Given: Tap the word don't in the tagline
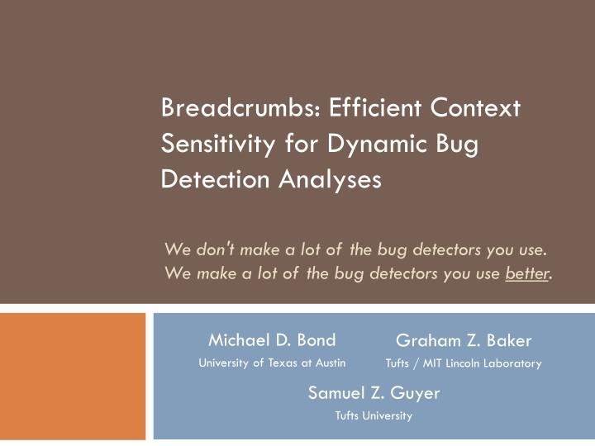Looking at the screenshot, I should pos(217,248).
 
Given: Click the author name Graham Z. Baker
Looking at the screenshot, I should pos(464,340).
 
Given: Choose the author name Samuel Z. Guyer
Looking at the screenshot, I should pos(374,394).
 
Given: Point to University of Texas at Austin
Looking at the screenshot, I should pos(272,363).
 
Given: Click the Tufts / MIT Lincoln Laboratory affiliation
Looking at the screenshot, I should pos(464,363).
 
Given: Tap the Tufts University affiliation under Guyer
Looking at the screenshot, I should pos(374,415).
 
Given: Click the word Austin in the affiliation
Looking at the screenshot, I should pos(331,363).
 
